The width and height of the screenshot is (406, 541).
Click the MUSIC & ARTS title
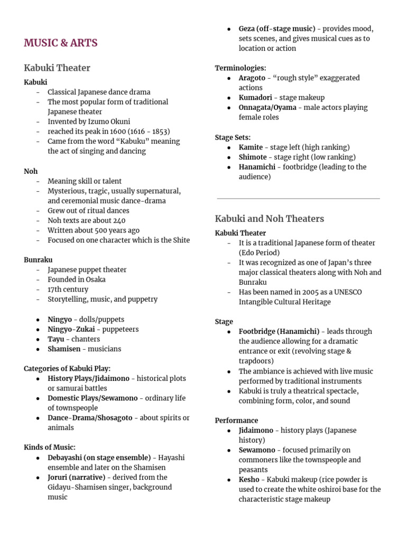coord(60,43)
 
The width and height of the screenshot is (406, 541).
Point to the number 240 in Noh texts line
coord(118,220)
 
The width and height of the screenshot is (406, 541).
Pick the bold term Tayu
coord(56,339)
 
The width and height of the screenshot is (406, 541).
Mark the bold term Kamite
coord(251,147)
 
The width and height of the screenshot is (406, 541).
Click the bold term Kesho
coord(250,479)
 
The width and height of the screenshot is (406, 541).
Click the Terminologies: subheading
coord(241,68)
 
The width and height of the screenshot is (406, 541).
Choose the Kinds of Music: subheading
coord(50,447)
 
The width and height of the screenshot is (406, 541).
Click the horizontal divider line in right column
coord(298,199)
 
